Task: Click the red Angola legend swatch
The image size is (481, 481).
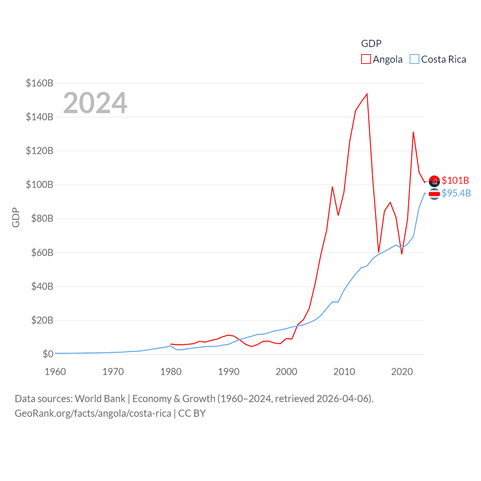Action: pos(366,59)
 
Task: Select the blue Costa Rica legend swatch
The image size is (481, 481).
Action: pos(414,59)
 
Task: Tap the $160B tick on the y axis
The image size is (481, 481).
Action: pos(39,83)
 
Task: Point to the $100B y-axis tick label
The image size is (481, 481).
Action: pos(39,185)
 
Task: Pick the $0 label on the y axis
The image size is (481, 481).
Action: pos(48,354)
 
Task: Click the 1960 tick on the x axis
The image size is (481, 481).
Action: pos(55,372)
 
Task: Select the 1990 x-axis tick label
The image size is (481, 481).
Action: pos(228,372)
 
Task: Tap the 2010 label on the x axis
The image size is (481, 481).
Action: pos(344,372)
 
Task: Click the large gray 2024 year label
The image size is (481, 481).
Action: pos(95,103)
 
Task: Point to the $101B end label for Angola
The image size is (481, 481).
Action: pos(455,180)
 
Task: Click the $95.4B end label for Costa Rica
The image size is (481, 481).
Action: pos(456,193)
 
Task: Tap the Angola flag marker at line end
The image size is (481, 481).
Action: pos(434,181)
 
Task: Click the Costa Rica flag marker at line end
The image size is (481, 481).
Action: pos(434,194)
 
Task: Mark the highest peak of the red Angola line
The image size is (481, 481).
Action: pos(367,94)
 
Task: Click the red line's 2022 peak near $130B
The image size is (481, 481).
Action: pos(413,132)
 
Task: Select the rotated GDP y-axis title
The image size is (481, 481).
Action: pos(16,217)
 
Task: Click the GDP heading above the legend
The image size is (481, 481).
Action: pos(371,44)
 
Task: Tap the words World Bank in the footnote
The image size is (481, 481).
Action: pos(100,398)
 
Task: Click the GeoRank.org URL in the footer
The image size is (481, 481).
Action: pos(93,413)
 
